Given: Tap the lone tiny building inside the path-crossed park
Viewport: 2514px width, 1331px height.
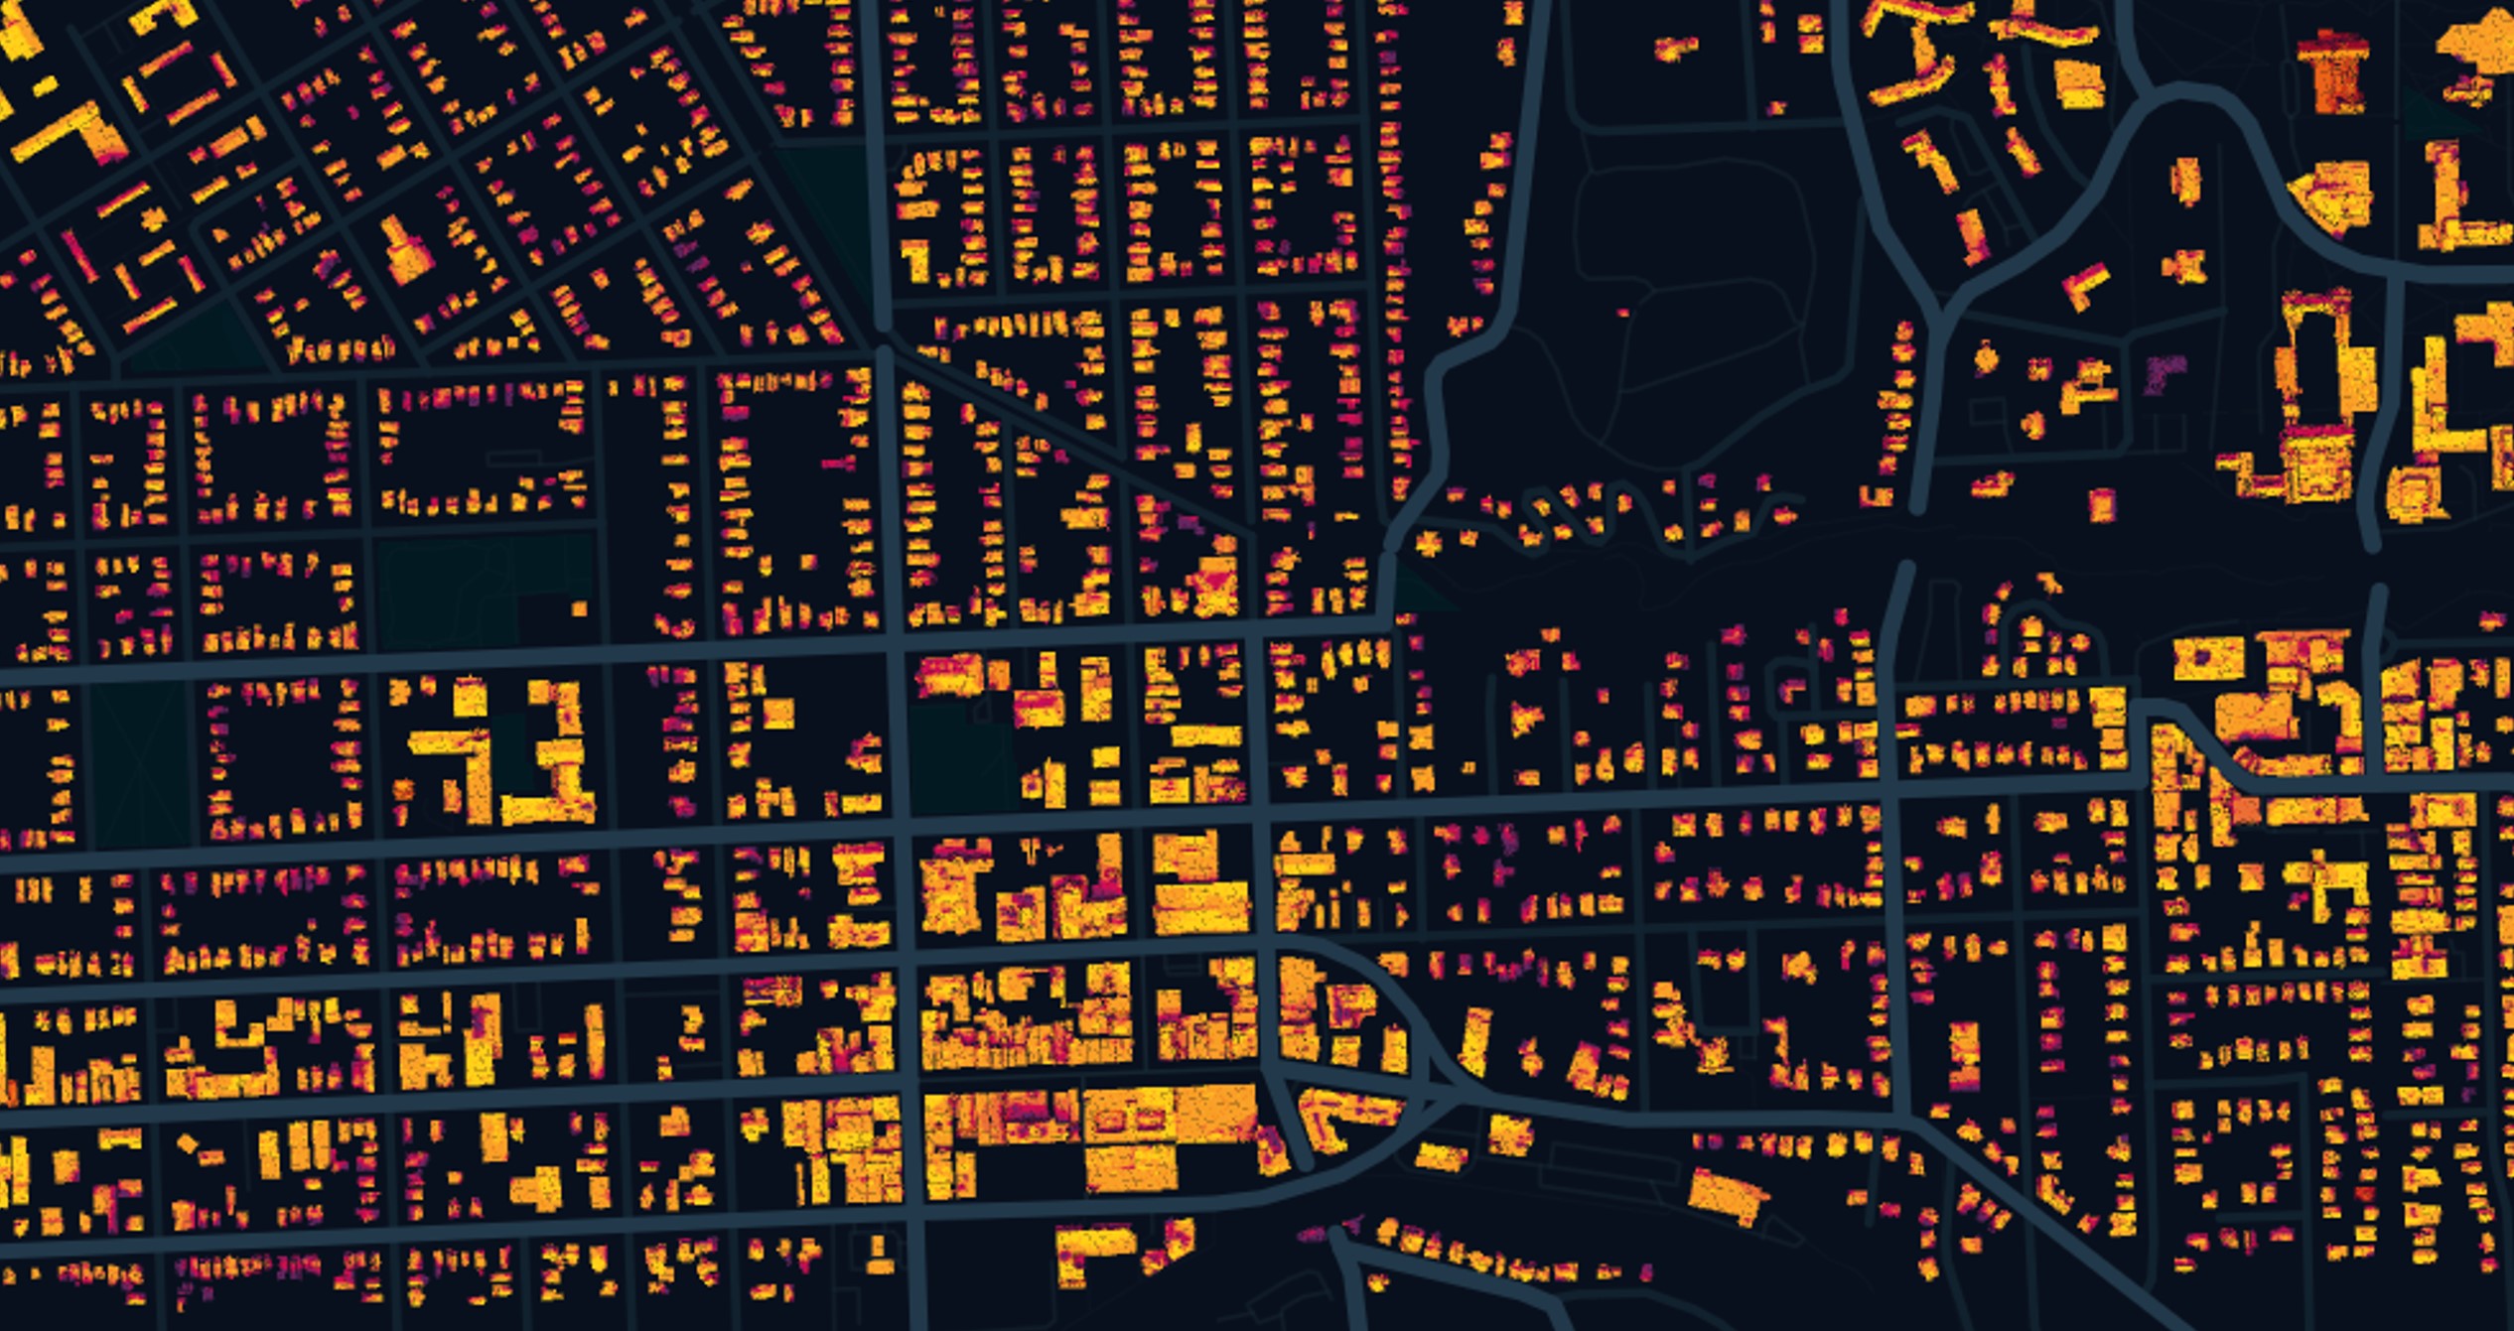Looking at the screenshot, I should click(x=1622, y=313).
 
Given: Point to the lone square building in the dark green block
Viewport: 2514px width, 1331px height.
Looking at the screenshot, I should click(x=579, y=607).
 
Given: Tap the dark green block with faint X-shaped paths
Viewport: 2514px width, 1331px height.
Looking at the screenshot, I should click(x=139, y=764).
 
